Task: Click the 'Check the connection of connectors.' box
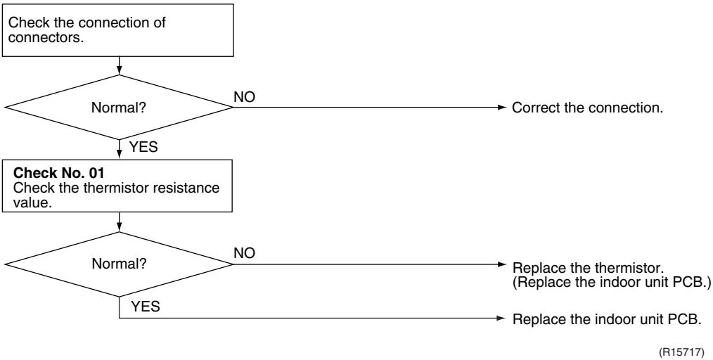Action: click(x=117, y=30)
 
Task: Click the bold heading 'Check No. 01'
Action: click(x=58, y=173)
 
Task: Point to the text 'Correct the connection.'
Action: click(x=588, y=108)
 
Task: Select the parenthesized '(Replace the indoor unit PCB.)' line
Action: click(x=612, y=282)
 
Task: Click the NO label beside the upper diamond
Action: click(x=245, y=97)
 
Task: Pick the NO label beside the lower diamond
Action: click(x=245, y=253)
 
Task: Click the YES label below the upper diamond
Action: click(x=143, y=147)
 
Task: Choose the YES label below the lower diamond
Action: click(x=146, y=307)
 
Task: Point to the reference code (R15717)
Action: click(x=681, y=352)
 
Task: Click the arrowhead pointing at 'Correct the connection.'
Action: click(x=501, y=108)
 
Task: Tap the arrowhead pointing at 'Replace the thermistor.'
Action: click(x=501, y=264)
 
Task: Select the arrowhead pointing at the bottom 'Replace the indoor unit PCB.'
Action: click(x=501, y=319)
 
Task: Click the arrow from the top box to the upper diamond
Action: click(x=119, y=66)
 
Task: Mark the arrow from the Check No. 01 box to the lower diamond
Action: click(x=119, y=221)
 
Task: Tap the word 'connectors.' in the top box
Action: click(x=46, y=38)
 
